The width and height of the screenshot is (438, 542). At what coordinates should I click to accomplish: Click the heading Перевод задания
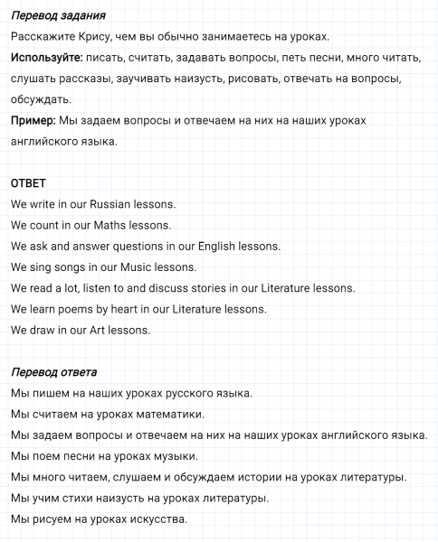point(58,16)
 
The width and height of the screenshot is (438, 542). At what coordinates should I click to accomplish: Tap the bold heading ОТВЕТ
point(28,182)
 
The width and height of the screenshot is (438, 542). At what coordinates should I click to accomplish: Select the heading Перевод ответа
point(54,372)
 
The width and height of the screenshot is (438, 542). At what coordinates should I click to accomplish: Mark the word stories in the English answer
point(223,288)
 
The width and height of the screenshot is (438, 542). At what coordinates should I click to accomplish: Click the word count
point(47,225)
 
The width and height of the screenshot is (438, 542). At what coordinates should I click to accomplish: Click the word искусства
point(158,519)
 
